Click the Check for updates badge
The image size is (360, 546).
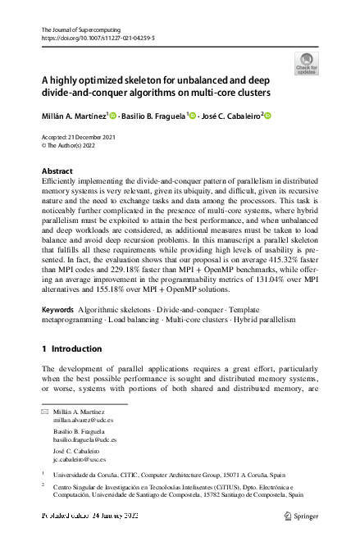pos(307,62)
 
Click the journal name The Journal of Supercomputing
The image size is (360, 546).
pos(76,30)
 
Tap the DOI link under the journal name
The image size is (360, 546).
pos(98,39)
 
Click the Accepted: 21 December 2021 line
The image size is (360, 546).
pos(79,137)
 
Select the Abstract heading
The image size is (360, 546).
pos(57,171)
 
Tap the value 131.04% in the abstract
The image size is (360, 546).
pos(262,277)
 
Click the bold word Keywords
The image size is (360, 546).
pos(57,309)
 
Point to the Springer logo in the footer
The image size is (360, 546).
pos(300,516)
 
